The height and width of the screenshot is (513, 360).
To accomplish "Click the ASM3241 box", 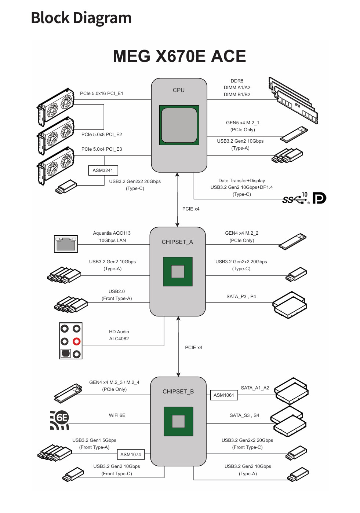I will pos(103,171).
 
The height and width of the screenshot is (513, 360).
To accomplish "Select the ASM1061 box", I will pos(224,395).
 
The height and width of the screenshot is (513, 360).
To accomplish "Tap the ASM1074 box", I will pos(131,455).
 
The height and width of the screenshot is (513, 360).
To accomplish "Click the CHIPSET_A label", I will pos(177,242).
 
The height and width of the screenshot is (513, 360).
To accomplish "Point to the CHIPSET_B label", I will pos(178,392).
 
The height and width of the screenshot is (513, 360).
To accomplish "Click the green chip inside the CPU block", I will pos(179,125).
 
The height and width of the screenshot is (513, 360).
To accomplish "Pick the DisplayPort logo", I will pos(319,198).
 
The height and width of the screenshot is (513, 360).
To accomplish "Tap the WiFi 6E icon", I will pos(59,420).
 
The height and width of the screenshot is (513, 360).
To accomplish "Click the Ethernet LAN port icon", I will pos(66,244).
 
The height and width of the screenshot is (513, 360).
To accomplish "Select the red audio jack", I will pos(76,341).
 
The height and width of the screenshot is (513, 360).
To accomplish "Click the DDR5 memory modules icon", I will pos(294,101).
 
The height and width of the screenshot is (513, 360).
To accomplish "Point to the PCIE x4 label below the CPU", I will pos(191,209).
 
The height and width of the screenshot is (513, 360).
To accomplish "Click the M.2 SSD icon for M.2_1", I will pos(294,135).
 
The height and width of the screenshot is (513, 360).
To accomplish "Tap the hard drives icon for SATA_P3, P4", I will pos(290,304).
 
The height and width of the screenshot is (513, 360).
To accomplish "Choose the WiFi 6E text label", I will pos(117,415).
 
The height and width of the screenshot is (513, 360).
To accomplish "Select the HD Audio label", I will pos(119,332).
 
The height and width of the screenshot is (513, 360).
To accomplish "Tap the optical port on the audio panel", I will pos(65,353).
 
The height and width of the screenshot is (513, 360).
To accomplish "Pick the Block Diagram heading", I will pos(81,18).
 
